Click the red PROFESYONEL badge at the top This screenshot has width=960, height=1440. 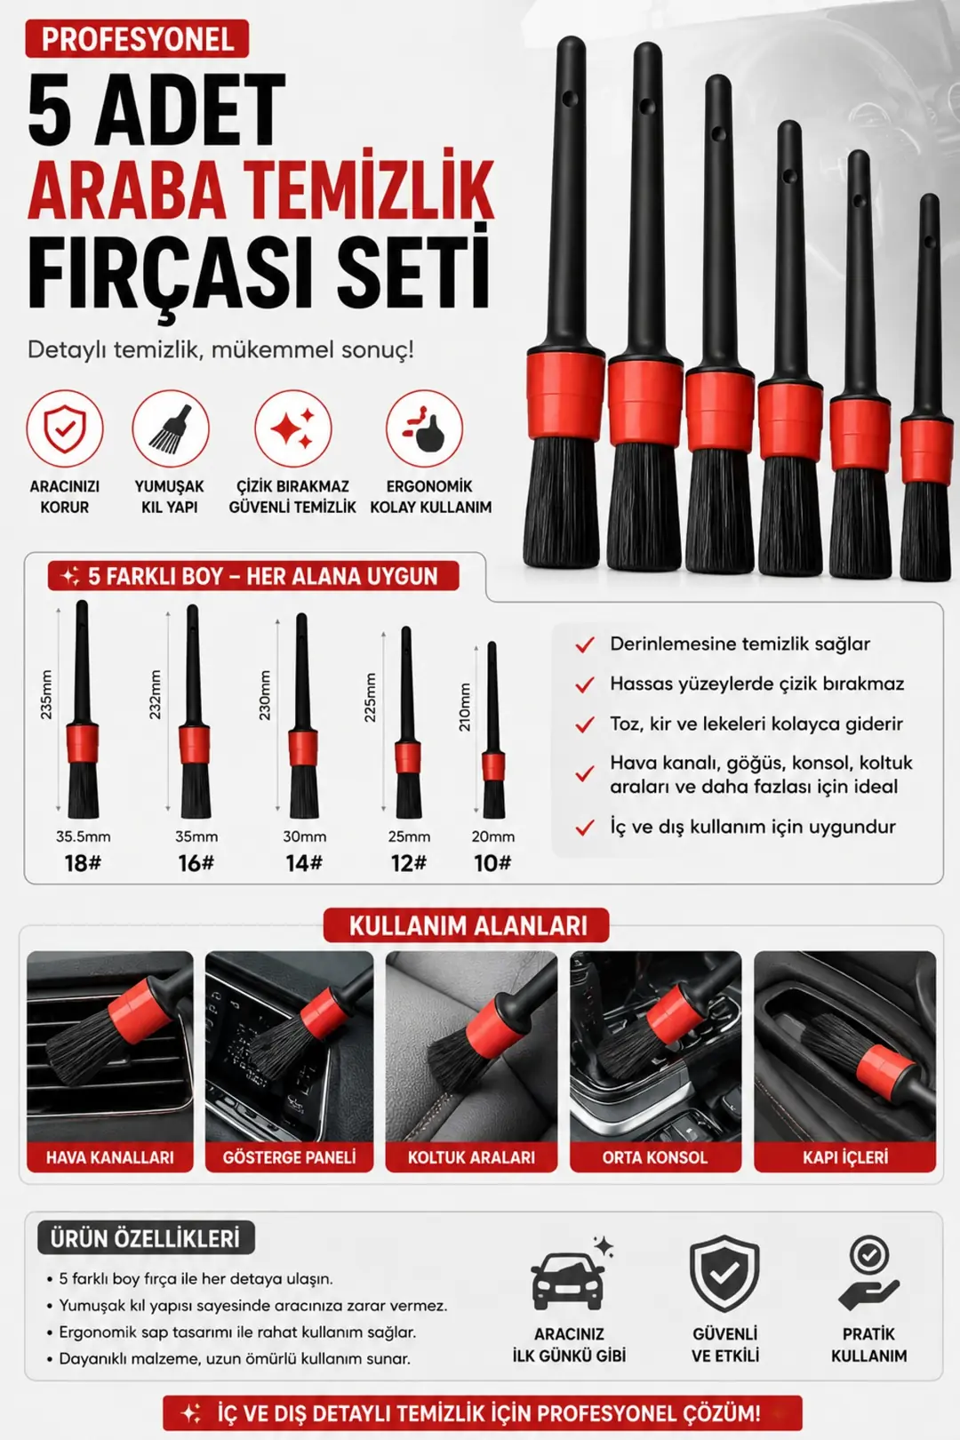(x=137, y=39)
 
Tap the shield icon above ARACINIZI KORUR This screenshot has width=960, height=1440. (x=64, y=428)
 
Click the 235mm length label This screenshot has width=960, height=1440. (x=45, y=695)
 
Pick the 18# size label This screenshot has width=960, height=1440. (x=83, y=863)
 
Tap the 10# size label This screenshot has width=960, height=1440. (x=492, y=863)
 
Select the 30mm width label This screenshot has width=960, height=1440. (x=305, y=836)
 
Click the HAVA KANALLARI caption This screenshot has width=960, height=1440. (x=110, y=1157)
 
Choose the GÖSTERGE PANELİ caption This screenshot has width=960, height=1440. (x=290, y=1157)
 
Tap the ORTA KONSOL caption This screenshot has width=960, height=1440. (x=654, y=1157)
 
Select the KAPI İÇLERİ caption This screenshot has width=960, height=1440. (x=845, y=1157)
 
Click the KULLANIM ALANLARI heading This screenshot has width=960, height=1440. (x=468, y=925)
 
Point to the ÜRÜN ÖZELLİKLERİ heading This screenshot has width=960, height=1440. (x=145, y=1238)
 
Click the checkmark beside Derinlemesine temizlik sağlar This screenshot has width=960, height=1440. (x=585, y=644)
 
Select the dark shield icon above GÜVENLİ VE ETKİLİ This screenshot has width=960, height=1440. (x=724, y=1274)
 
